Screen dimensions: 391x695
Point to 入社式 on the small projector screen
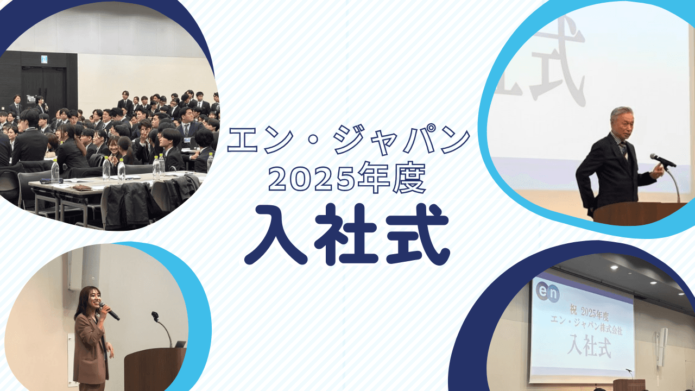(589, 345)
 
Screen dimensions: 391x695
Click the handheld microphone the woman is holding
(110, 312)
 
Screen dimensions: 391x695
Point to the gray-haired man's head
(622, 122)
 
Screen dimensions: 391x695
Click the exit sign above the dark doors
(44, 59)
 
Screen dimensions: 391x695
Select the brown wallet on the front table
(81, 187)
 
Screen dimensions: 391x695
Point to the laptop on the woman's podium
(180, 344)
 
